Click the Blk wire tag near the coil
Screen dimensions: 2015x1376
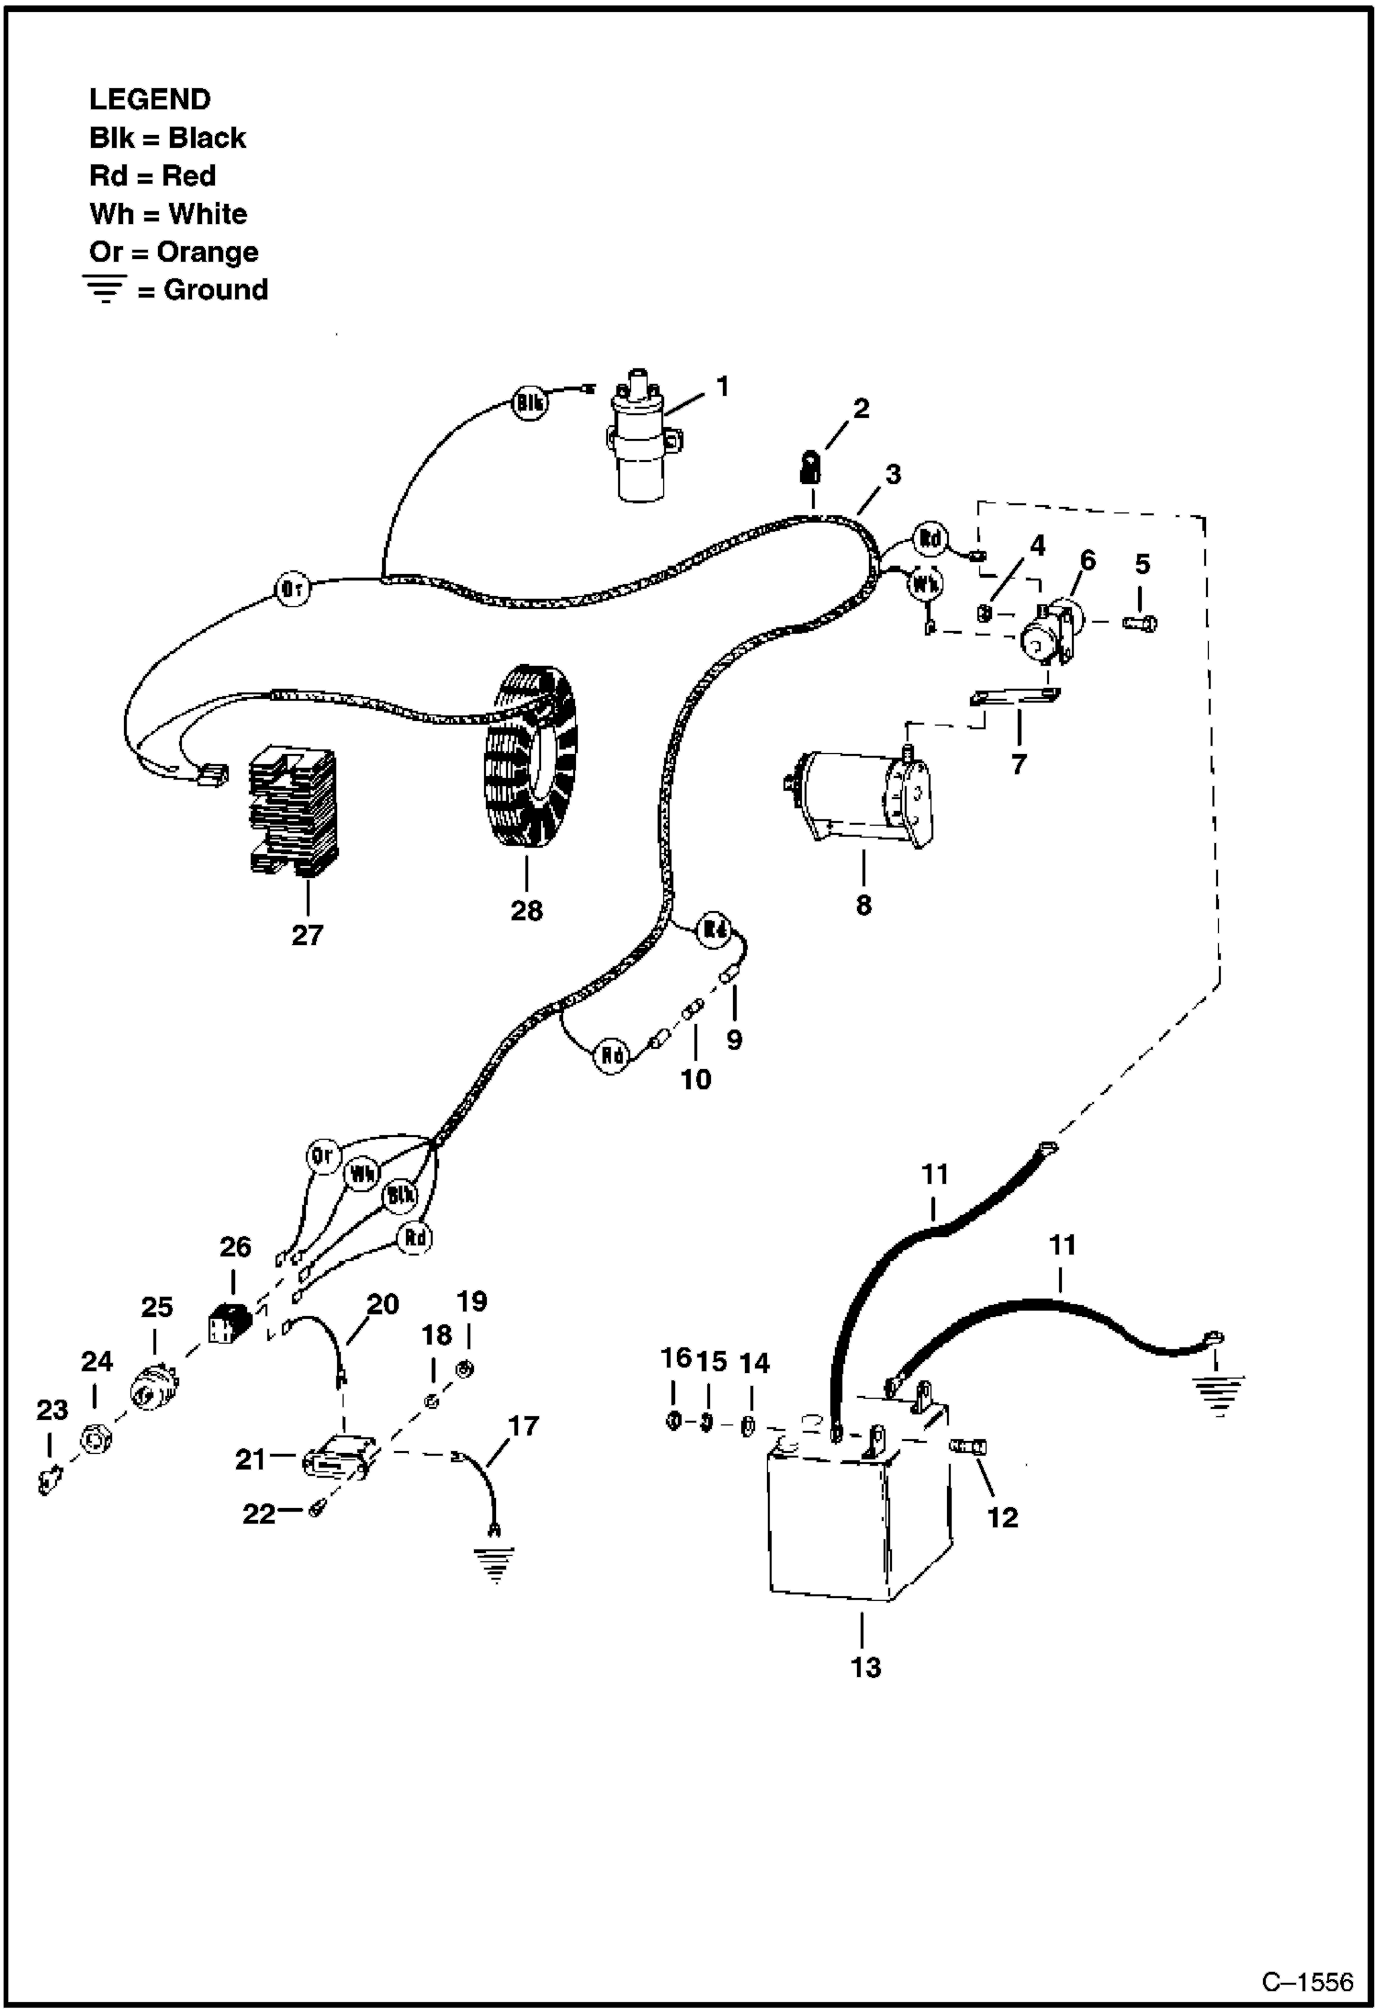[530, 402]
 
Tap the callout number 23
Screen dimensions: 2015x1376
[51, 1409]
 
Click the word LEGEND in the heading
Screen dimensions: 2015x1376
[150, 99]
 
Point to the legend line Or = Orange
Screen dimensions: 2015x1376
[174, 252]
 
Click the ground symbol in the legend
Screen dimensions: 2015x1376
[107, 290]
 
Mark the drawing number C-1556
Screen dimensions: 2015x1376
[1306, 1980]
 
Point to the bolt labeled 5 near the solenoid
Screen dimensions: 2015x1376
[1139, 623]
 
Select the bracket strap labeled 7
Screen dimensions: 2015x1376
[1014, 698]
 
